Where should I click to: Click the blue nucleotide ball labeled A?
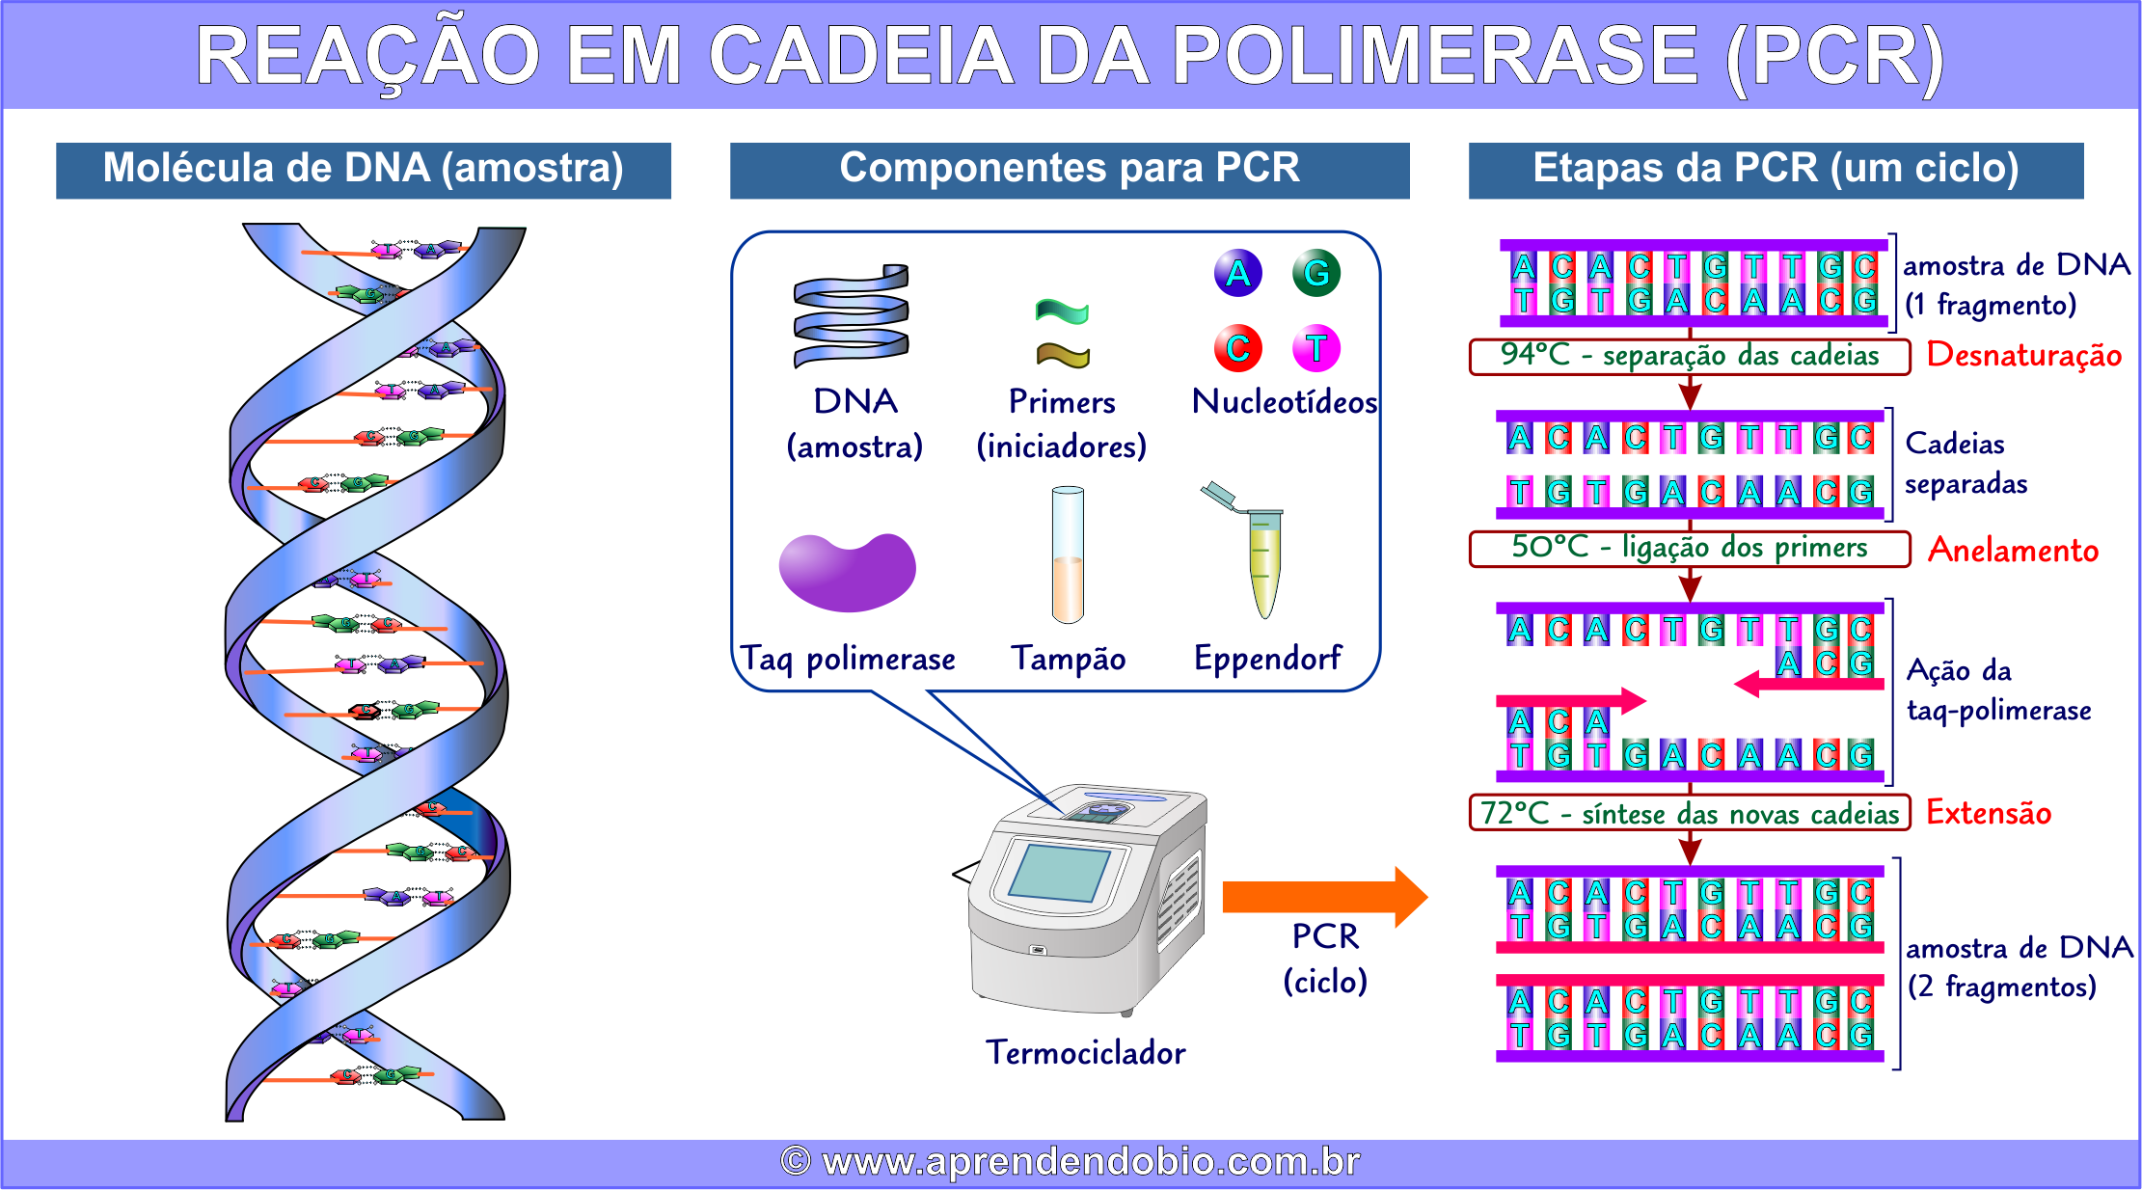pyautogui.click(x=1238, y=273)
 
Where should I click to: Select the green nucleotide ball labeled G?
pyautogui.click(x=1316, y=273)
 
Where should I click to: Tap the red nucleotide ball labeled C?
pyautogui.click(x=1238, y=348)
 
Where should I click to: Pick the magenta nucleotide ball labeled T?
pyautogui.click(x=1316, y=348)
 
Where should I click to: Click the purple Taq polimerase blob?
pyautogui.click(x=847, y=572)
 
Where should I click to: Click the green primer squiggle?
pyautogui.click(x=1062, y=311)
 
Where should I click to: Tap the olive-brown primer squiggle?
pyautogui.click(x=1062, y=356)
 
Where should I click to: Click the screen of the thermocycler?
pyautogui.click(x=1059, y=872)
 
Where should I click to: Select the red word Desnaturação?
pyautogui.click(x=2023, y=355)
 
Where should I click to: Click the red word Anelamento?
pyautogui.click(x=2013, y=550)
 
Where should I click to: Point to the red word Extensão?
pyautogui.click(x=1988, y=812)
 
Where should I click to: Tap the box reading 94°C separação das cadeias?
pyautogui.click(x=1689, y=356)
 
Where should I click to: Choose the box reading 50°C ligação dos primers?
pyautogui.click(x=1689, y=548)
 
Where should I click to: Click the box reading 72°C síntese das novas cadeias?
pyautogui.click(x=1689, y=813)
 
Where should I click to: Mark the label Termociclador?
pyautogui.click(x=1085, y=1052)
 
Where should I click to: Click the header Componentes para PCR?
pyautogui.click(x=1069, y=169)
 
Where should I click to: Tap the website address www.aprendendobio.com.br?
pyautogui.click(x=1071, y=1161)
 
